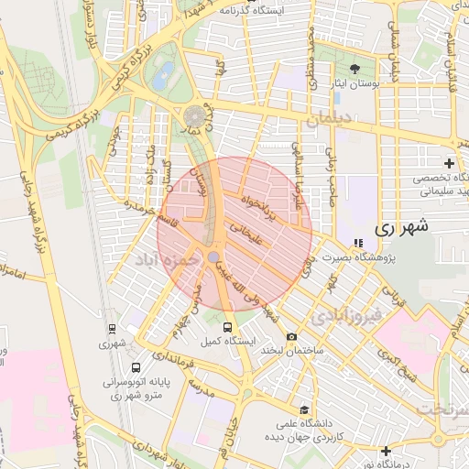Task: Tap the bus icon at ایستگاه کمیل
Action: point(227,326)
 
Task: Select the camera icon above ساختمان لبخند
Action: point(292,336)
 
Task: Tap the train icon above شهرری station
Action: point(112,328)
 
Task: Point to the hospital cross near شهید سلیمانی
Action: point(449,162)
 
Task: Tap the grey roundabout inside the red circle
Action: point(213,257)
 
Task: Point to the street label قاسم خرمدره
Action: point(147,216)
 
